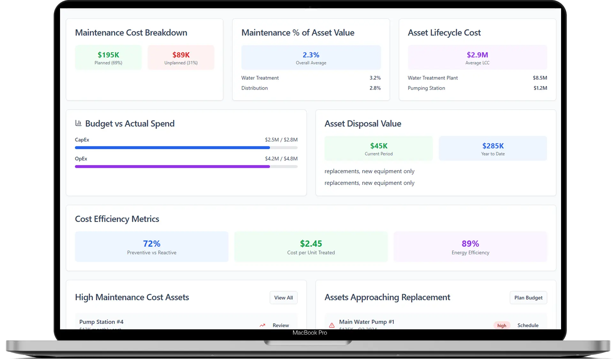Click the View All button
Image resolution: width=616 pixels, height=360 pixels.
(283, 298)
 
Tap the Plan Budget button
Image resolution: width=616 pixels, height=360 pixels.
(528, 298)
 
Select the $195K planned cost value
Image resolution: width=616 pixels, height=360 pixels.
(108, 55)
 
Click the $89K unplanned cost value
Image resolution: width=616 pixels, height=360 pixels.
(181, 55)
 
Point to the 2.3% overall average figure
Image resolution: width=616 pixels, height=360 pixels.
(311, 55)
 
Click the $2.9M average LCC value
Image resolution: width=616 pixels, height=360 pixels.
(477, 55)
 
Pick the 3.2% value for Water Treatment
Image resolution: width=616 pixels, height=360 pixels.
(375, 78)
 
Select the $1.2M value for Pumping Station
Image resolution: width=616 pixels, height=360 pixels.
(540, 88)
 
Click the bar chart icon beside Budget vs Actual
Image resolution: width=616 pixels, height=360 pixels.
(78, 123)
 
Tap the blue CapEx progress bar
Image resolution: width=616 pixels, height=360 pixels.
(172, 148)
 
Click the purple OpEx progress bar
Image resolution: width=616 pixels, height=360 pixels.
(172, 167)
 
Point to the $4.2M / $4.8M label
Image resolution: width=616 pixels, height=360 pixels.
(281, 159)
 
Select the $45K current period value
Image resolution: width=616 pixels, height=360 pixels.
(379, 146)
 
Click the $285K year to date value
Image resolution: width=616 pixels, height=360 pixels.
(493, 146)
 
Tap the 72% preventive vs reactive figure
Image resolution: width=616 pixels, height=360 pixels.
(152, 244)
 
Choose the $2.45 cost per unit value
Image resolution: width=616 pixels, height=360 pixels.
(311, 244)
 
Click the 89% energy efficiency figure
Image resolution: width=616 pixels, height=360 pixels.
(470, 244)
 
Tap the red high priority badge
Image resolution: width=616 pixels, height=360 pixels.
(502, 326)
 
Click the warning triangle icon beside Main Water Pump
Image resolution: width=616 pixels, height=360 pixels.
(332, 326)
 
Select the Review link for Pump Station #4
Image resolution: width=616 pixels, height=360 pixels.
(280, 326)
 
